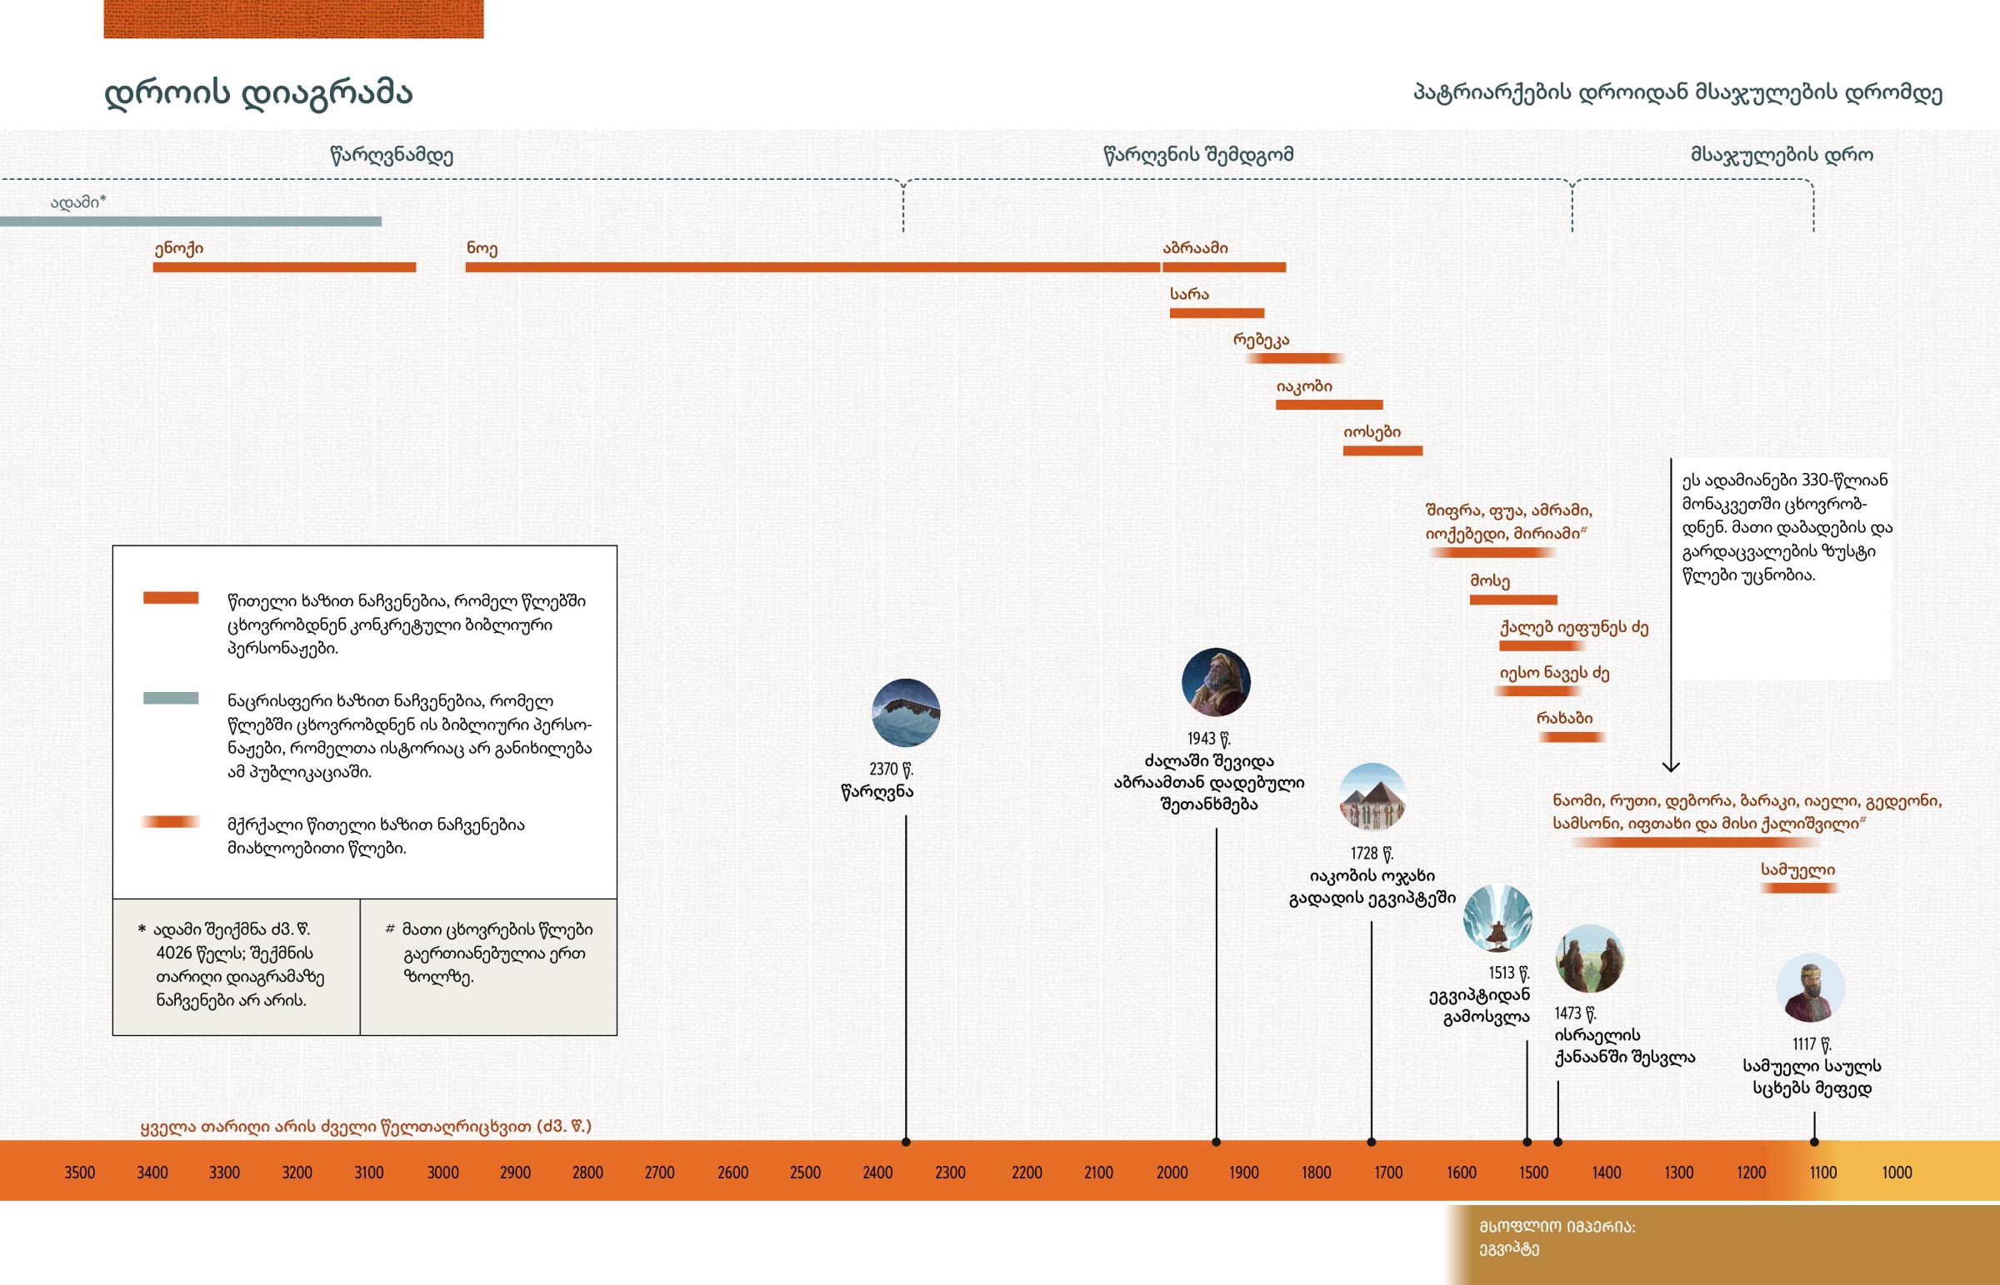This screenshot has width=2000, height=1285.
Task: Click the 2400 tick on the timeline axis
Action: click(x=877, y=1173)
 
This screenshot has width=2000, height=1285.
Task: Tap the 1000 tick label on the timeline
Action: click(x=1897, y=1173)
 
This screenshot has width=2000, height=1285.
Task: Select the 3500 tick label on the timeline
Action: click(x=80, y=1173)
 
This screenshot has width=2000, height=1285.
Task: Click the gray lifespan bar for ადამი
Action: click(x=190, y=222)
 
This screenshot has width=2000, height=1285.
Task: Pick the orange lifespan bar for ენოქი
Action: click(x=284, y=268)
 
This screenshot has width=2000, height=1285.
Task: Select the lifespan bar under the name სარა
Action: click(x=1216, y=314)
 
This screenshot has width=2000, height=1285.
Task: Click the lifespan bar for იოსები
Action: click(x=1382, y=451)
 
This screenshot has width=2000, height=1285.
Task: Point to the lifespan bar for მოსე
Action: click(x=1512, y=600)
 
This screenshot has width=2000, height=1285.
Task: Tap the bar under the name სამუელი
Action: click(x=1799, y=889)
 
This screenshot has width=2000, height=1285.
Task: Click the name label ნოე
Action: click(x=482, y=249)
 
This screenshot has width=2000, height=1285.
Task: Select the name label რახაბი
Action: click(x=1564, y=719)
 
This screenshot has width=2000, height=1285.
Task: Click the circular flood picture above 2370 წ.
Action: click(x=906, y=713)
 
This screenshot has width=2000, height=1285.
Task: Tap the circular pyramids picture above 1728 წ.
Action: click(x=1372, y=797)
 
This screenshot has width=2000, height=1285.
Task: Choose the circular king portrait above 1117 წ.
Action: click(x=1810, y=988)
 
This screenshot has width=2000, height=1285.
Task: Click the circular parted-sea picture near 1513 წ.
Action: click(x=1497, y=918)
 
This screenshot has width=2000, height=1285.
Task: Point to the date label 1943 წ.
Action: click(x=1208, y=739)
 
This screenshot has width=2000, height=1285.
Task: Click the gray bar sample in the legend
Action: click(x=170, y=699)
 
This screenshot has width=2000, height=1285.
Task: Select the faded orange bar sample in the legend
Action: click(x=170, y=823)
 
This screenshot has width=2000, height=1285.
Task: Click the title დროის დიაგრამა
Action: click(x=258, y=93)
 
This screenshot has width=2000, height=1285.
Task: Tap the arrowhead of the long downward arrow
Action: click(x=1670, y=766)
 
